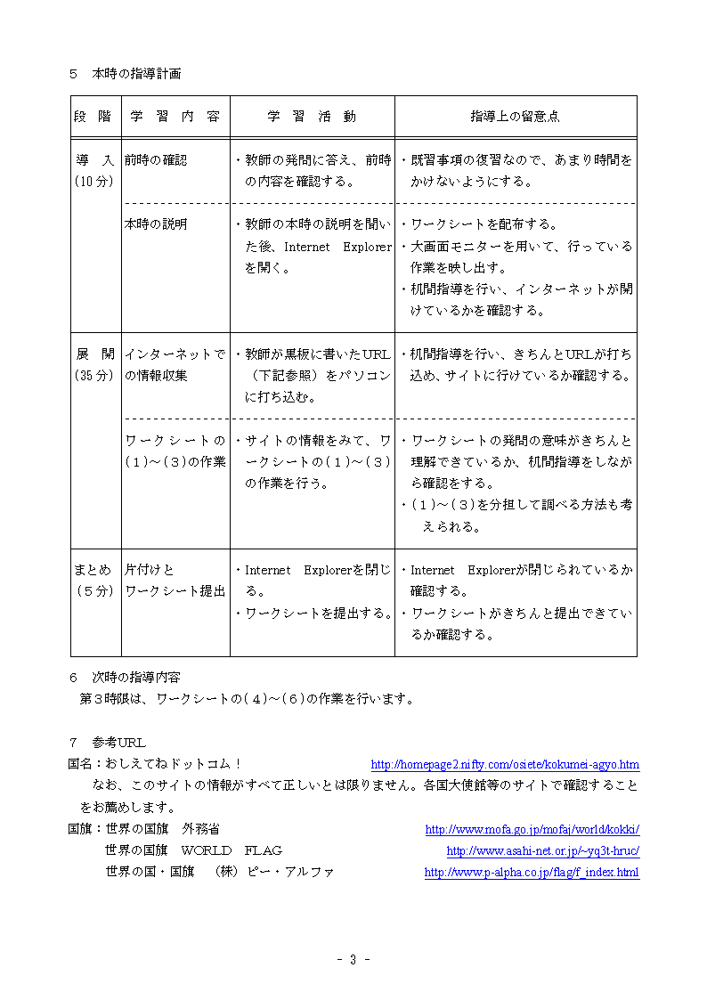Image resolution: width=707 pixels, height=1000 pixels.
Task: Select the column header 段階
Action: pyautogui.click(x=93, y=117)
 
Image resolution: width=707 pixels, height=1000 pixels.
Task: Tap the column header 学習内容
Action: pyautogui.click(x=175, y=117)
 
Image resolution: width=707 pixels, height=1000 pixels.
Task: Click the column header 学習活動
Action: pyautogui.click(x=312, y=117)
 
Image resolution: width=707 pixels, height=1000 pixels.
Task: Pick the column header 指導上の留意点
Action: pyautogui.click(x=515, y=117)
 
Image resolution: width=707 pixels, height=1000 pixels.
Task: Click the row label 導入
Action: pyautogui.click(x=94, y=160)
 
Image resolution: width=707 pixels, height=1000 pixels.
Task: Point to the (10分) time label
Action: pyautogui.click(x=94, y=182)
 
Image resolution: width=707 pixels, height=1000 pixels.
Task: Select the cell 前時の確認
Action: pyautogui.click(x=156, y=160)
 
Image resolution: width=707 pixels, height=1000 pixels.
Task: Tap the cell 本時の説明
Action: pyautogui.click(x=156, y=224)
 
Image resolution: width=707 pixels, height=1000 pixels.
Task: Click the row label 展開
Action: pyautogui.click(x=94, y=354)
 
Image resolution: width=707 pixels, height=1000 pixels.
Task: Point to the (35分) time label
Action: pyautogui.click(x=94, y=376)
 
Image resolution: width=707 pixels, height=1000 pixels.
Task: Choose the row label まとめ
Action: pyautogui.click(x=93, y=570)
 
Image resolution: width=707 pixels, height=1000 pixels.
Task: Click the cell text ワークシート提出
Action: pyautogui.click(x=175, y=591)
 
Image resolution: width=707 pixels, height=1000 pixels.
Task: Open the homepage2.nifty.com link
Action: pyautogui.click(x=505, y=765)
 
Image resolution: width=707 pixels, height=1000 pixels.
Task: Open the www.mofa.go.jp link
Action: pyautogui.click(x=532, y=830)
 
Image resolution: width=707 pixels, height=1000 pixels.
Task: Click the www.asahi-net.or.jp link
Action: pyautogui.click(x=542, y=851)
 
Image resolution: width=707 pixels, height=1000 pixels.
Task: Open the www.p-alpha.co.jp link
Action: pyautogui.click(x=532, y=873)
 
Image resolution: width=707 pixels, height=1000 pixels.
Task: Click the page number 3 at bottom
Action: pyautogui.click(x=353, y=959)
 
